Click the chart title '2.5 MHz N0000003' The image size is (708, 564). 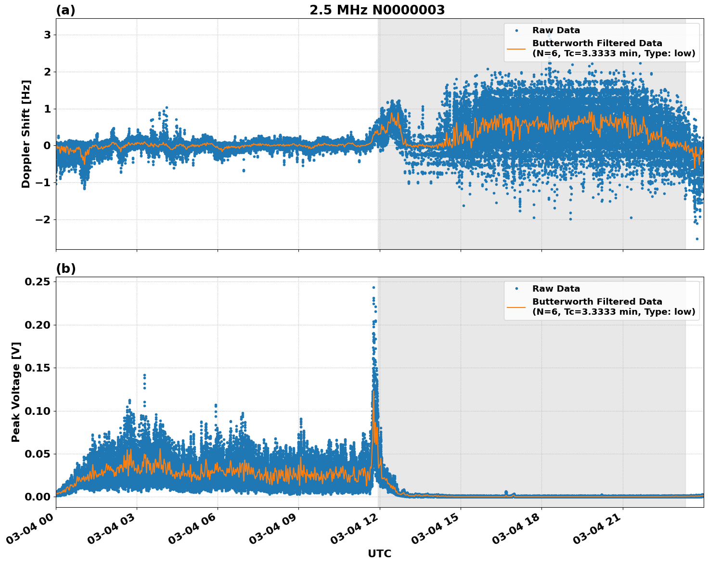(377, 10)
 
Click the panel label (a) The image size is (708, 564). (65, 10)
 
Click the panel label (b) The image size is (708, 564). (65, 269)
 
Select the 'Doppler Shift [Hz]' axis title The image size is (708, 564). (26, 134)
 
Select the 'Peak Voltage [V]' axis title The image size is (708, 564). (16, 392)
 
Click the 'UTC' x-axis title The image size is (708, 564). (379, 553)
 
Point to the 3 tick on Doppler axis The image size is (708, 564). (47, 35)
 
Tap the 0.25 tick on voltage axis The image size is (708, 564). (38, 282)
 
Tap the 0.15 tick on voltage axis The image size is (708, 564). (38, 368)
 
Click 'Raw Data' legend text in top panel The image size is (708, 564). (556, 30)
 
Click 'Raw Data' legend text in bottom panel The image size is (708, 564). (556, 289)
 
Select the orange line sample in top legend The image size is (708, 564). (516, 48)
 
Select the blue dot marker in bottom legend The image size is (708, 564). (516, 289)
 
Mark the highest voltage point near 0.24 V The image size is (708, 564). (373, 287)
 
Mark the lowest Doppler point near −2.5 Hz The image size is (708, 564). (696, 239)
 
